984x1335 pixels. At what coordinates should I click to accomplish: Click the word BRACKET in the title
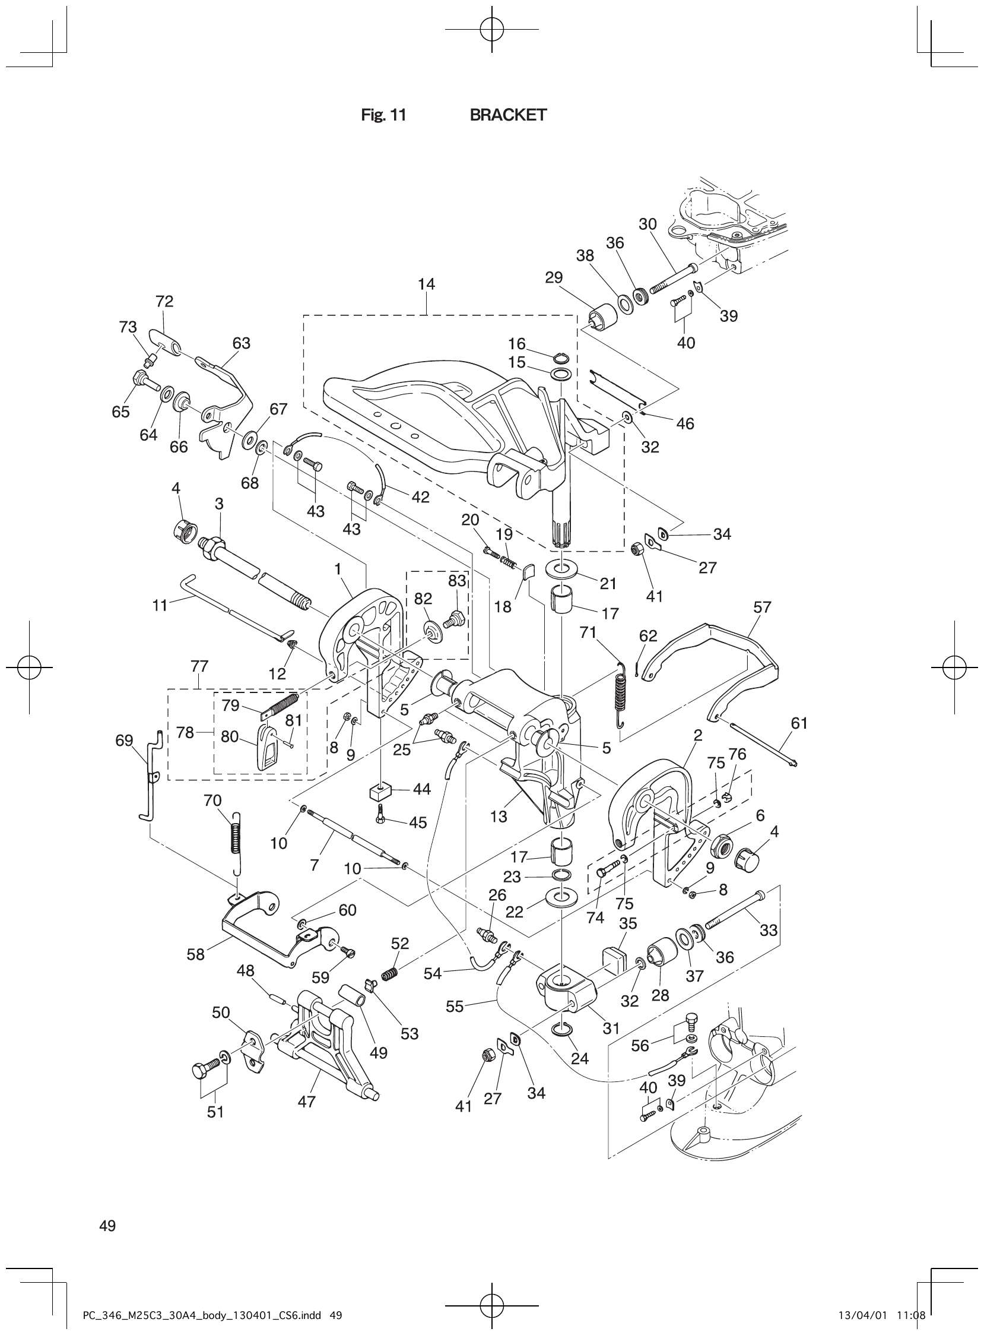(507, 115)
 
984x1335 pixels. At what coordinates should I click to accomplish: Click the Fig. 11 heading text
(383, 115)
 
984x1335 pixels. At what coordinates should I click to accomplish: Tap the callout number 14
(426, 284)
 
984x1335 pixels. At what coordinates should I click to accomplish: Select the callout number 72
(164, 302)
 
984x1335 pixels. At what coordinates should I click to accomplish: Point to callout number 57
(762, 608)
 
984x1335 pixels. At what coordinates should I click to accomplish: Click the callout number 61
(799, 723)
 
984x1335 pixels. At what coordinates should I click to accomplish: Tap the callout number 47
(306, 1102)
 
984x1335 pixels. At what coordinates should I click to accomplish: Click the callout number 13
(498, 817)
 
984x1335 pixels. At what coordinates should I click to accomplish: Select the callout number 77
(199, 666)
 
